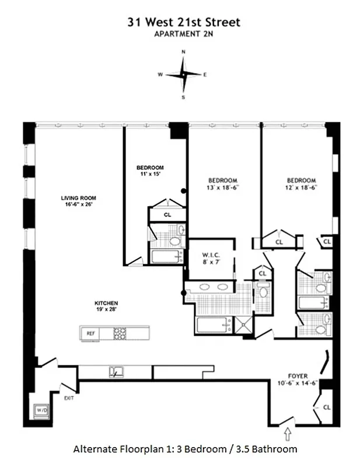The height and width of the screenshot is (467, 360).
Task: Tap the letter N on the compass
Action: pyautogui.click(x=184, y=52)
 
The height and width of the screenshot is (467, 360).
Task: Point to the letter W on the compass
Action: pyautogui.click(x=160, y=75)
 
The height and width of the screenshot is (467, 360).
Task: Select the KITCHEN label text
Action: pyautogui.click(x=106, y=303)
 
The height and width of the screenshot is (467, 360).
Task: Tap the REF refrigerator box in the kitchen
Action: pyautogui.click(x=90, y=333)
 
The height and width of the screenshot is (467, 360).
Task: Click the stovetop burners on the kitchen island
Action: pyautogui.click(x=120, y=333)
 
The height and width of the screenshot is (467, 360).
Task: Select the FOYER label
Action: pyautogui.click(x=298, y=376)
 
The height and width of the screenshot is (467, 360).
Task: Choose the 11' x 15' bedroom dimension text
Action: pyautogui.click(x=148, y=174)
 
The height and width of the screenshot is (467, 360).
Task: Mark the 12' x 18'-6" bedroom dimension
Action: pyautogui.click(x=301, y=187)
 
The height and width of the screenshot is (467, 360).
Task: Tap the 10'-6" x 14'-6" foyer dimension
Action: pyautogui.click(x=298, y=383)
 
